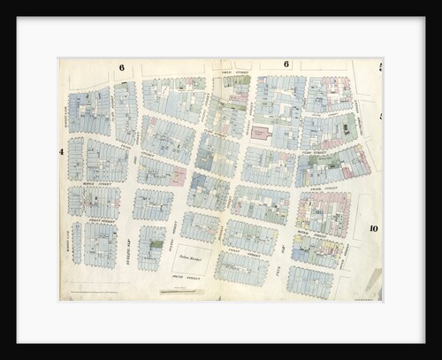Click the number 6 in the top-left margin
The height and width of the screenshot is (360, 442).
pyautogui.click(x=121, y=67)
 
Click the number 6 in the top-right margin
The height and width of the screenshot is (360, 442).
pyautogui.click(x=286, y=65)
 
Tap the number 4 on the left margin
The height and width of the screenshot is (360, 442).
pyautogui.click(x=63, y=151)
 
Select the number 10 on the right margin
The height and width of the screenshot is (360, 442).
pyautogui.click(x=374, y=228)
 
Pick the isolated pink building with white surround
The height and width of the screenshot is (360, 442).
pyautogui.click(x=260, y=134)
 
